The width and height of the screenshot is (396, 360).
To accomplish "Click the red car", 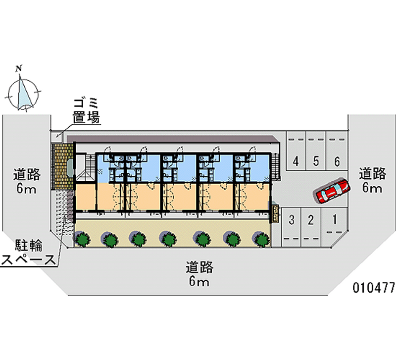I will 331,191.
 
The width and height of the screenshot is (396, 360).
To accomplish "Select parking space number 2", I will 310,220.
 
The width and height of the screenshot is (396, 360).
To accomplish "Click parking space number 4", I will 296,160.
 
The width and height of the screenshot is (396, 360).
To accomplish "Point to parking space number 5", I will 316,160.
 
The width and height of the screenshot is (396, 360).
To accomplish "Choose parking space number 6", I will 337,160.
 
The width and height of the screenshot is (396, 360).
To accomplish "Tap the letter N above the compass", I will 19,68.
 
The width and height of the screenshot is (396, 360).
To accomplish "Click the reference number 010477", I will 373,288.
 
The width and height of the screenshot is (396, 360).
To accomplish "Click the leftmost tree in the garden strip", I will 83,239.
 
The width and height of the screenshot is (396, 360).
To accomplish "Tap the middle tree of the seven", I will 170,239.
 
